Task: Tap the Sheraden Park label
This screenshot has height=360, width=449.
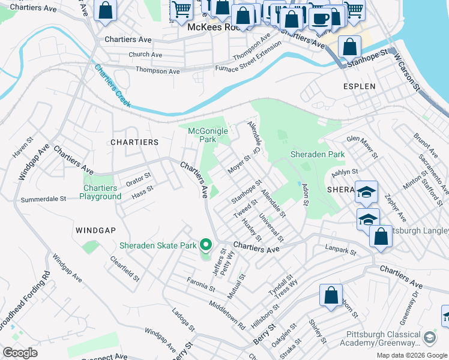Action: [318, 154]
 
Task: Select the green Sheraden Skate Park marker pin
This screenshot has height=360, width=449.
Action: [206, 245]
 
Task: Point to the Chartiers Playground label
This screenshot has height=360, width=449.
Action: [101, 192]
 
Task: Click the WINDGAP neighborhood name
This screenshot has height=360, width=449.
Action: [95, 230]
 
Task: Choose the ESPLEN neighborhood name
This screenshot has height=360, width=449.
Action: [359, 86]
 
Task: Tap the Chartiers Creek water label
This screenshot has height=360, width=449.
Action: [112, 85]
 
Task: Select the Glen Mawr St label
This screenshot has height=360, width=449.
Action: [362, 147]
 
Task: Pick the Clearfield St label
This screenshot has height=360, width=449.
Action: [124, 269]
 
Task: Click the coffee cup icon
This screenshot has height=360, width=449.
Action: [320, 18]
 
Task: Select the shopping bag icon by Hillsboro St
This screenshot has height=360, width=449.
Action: [330, 295]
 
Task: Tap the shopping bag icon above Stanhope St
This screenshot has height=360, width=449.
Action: [349, 47]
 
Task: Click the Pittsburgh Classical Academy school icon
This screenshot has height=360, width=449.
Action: [429, 338]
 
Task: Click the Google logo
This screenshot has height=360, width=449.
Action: [20, 352]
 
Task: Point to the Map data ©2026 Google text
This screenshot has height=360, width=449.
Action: [411, 355]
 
